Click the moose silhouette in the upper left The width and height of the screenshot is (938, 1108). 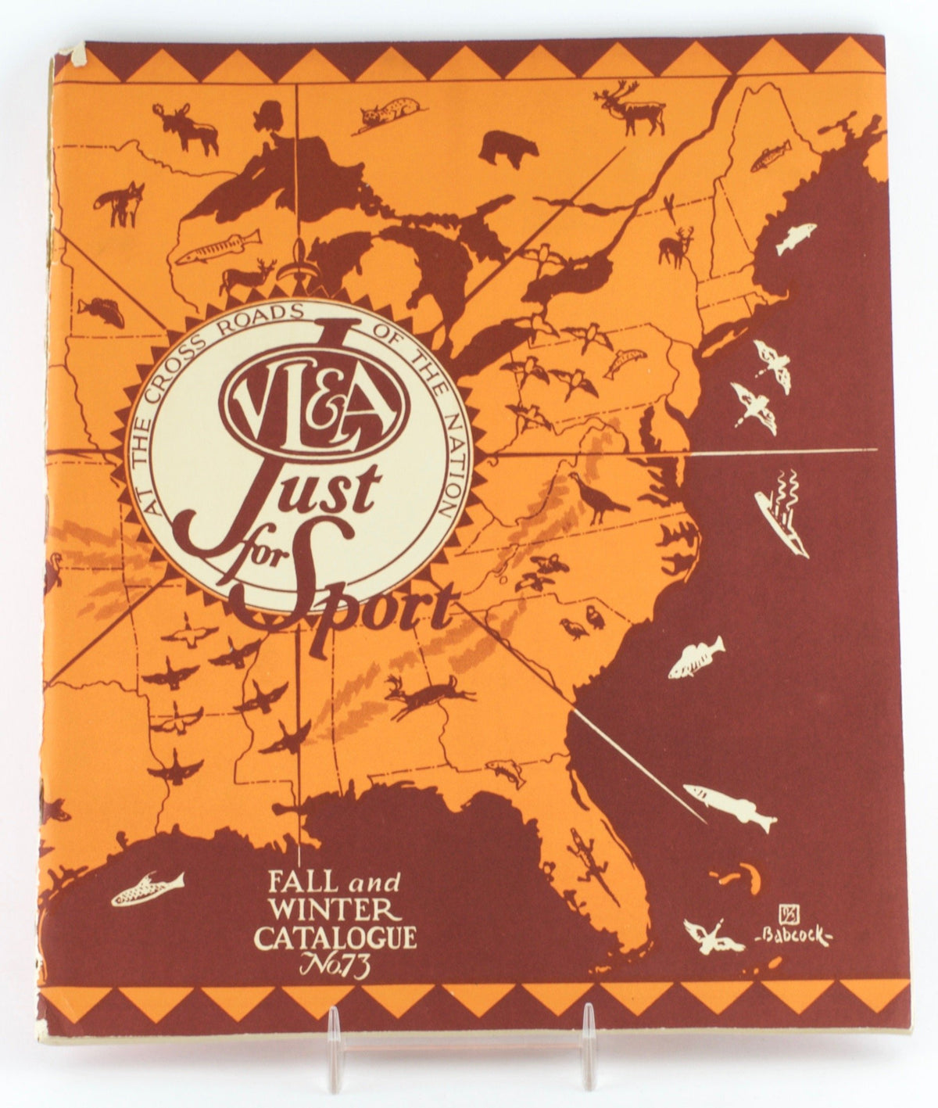click(186, 129)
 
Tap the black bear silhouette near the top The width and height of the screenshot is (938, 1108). click(508, 148)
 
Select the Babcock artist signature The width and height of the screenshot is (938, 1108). click(797, 934)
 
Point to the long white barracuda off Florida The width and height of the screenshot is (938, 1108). click(730, 805)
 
